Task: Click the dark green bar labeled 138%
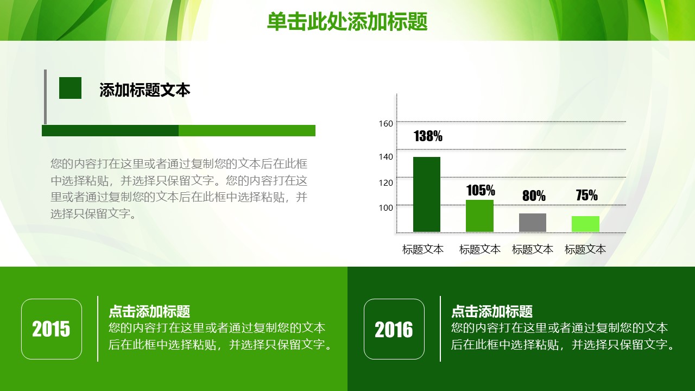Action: (x=427, y=194)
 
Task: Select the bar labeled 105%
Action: (x=479, y=216)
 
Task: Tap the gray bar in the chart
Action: (x=533, y=223)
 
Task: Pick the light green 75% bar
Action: (x=585, y=224)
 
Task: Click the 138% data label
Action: (x=428, y=136)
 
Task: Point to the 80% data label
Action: (x=534, y=195)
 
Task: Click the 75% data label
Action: (x=587, y=195)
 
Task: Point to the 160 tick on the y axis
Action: (x=386, y=123)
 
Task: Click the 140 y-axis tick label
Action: (x=386, y=157)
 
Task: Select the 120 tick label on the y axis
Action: (x=386, y=183)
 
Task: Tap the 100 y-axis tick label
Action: (x=386, y=207)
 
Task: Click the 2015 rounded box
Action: (x=52, y=329)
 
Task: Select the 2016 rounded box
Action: (x=394, y=329)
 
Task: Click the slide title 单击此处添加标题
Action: (x=347, y=21)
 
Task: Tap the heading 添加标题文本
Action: (x=144, y=90)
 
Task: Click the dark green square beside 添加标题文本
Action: (x=70, y=88)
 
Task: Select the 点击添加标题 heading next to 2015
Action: (x=149, y=311)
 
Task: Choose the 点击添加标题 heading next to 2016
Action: (x=492, y=311)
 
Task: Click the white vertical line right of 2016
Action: (x=440, y=329)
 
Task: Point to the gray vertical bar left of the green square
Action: (x=45, y=97)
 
